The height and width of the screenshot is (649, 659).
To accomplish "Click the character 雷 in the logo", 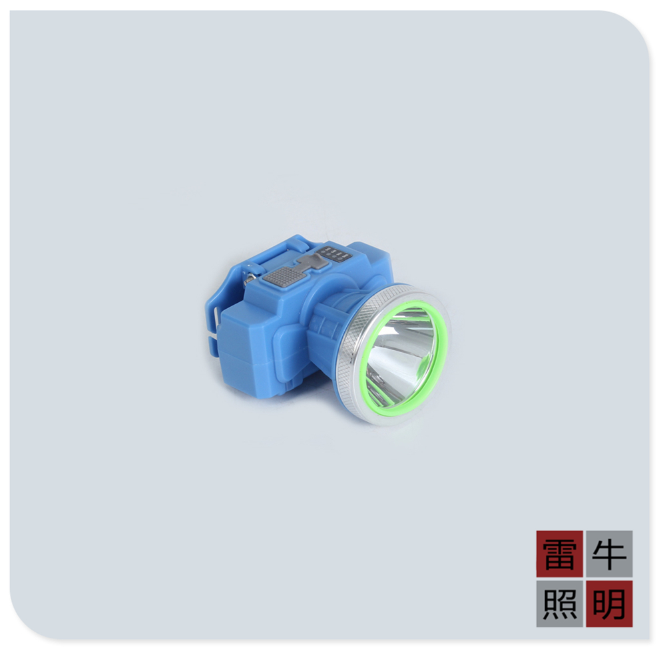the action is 559,554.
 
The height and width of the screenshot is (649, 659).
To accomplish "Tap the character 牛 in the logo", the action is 609,554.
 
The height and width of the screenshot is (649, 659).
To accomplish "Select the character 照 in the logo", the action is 559,604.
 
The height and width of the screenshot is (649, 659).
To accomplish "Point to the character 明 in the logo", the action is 609,604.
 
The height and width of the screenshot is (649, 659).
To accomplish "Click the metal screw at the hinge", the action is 250,279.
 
